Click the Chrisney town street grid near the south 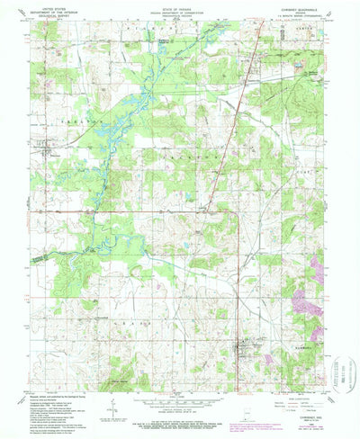pyautogui.click(x=240, y=345)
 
